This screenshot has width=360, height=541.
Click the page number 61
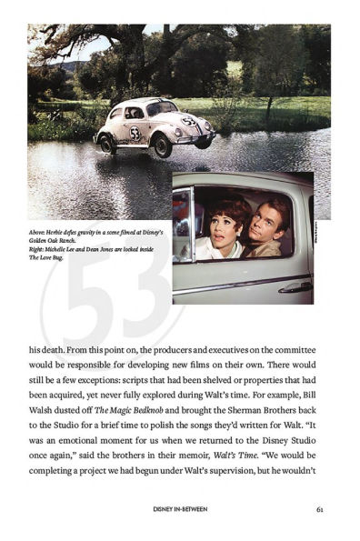[x=321, y=509]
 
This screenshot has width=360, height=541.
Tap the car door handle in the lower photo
[x=294, y=286]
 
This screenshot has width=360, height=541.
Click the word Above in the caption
[x=38, y=234]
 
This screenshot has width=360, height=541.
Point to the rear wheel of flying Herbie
[x=107, y=141]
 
